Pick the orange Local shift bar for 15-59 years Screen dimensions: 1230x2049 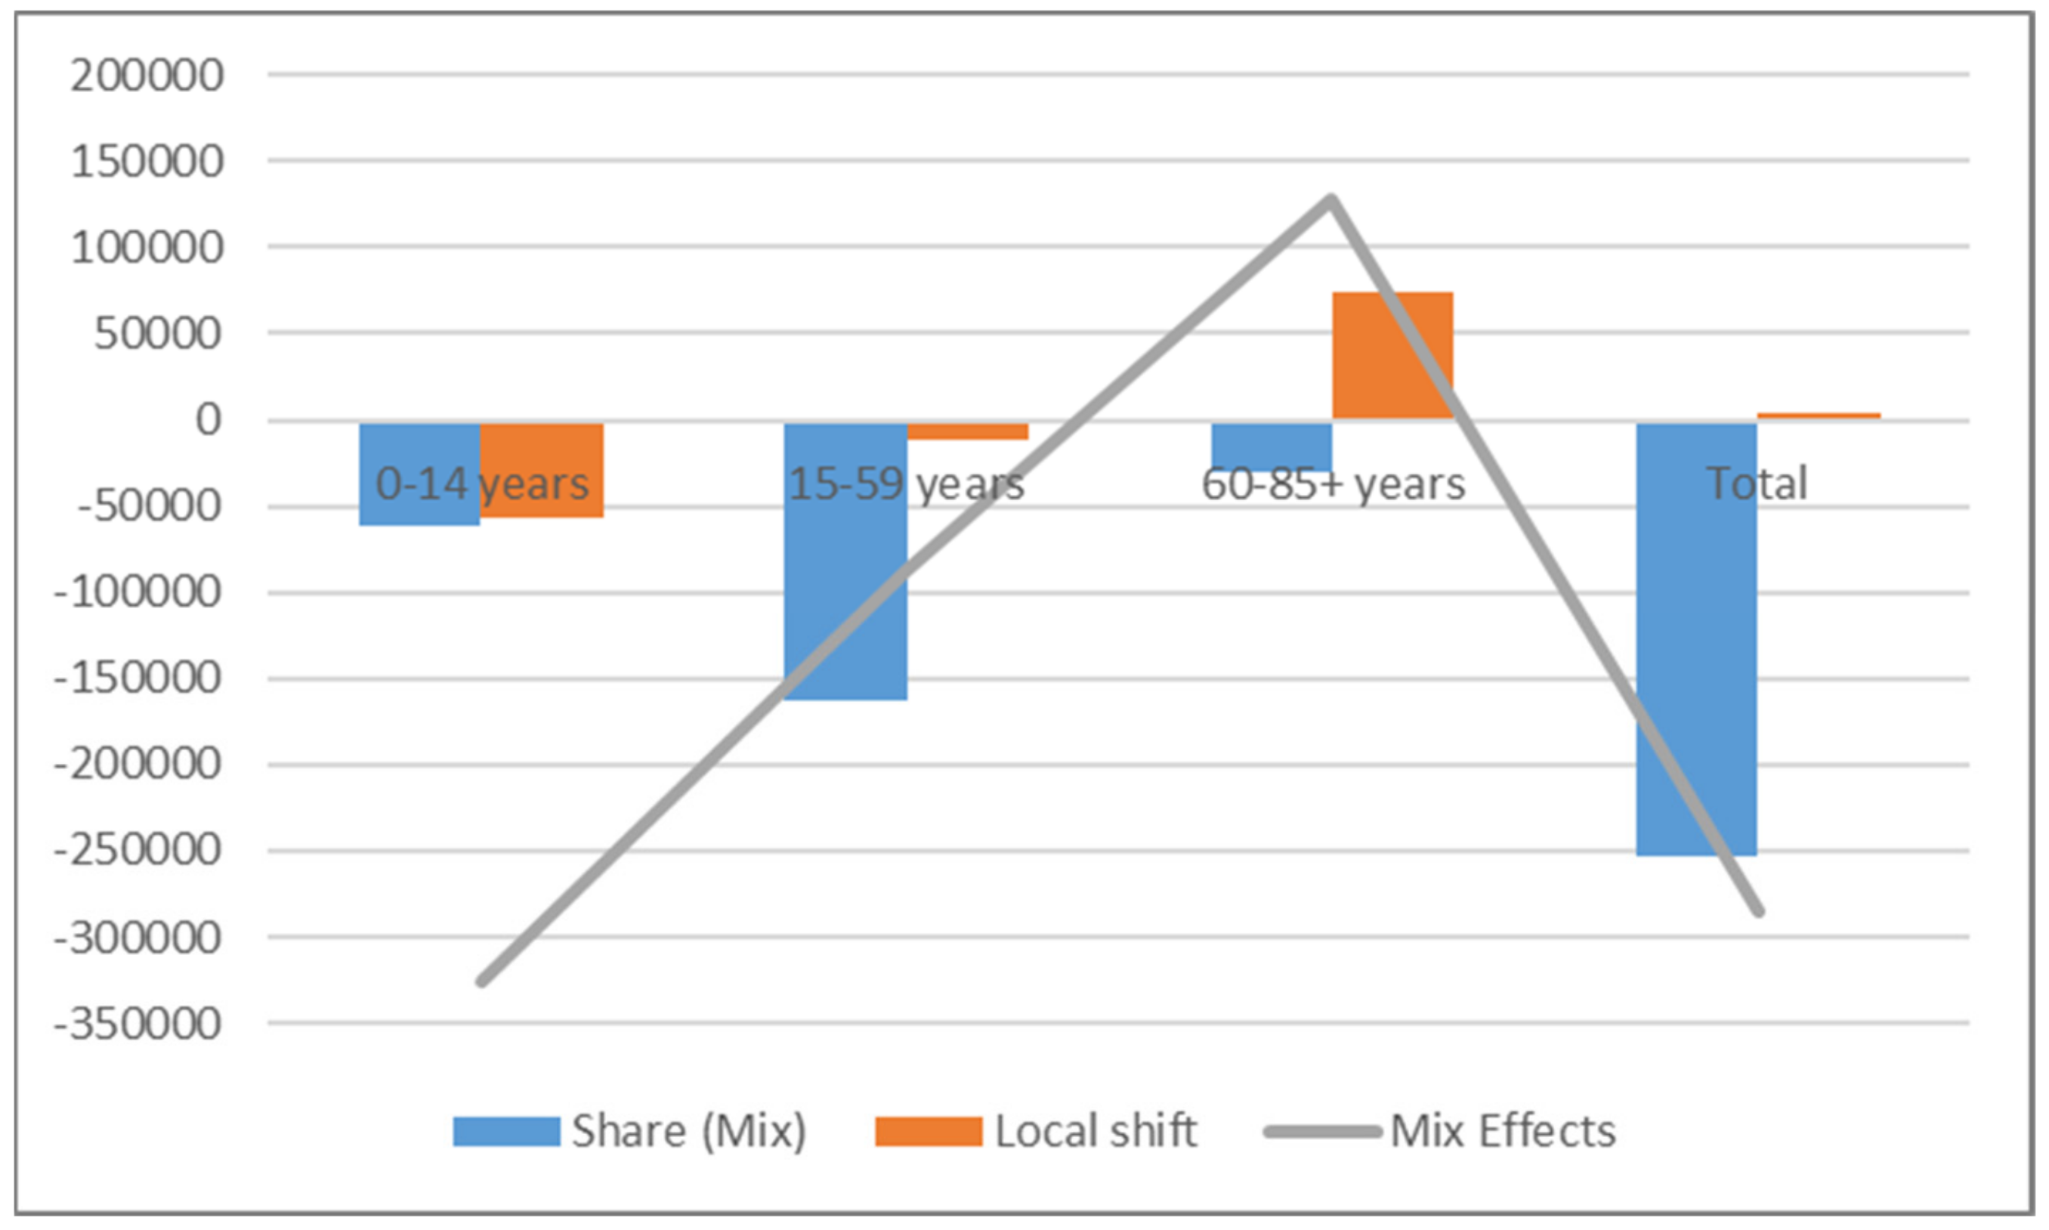(x=968, y=431)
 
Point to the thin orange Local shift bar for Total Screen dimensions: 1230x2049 (x=1819, y=416)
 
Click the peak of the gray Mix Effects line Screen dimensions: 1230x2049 (x=1331, y=199)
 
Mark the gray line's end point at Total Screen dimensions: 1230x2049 (x=1759, y=913)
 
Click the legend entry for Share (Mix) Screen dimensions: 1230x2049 (x=630, y=1131)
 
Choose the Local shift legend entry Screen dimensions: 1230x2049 (x=1036, y=1131)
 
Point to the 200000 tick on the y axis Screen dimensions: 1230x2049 (x=147, y=76)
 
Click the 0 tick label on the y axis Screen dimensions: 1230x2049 (x=208, y=420)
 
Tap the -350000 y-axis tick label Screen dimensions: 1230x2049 (x=138, y=1024)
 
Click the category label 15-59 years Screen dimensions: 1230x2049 (x=906, y=484)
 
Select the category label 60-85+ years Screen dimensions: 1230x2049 (x=1333, y=484)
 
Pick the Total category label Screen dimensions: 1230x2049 (x=1757, y=484)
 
